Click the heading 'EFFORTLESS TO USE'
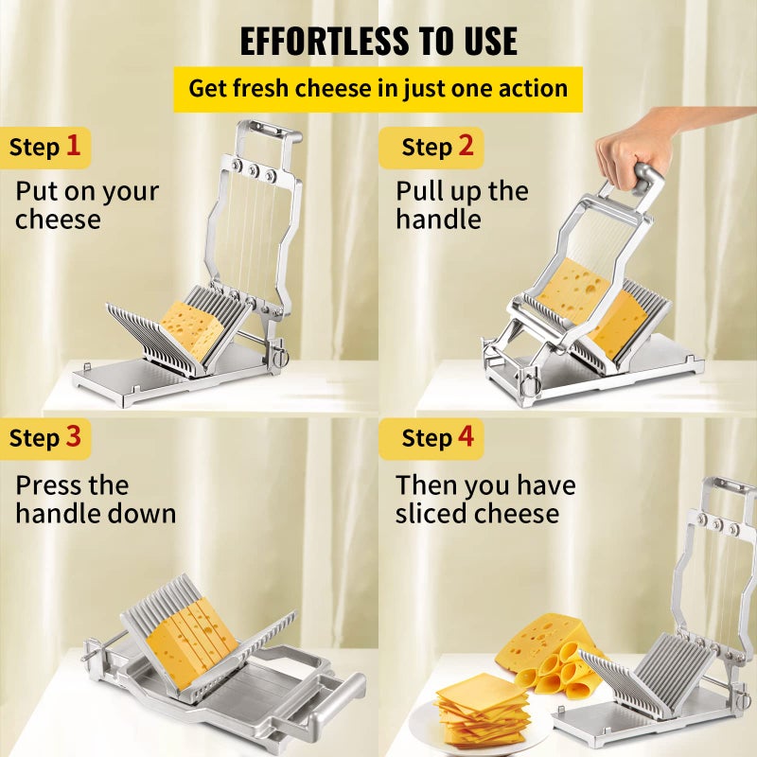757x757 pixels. click(378, 41)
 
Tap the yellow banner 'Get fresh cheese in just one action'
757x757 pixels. click(378, 89)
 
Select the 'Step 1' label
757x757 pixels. click(45, 148)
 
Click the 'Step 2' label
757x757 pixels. click(436, 147)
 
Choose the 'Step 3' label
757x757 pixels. click(45, 438)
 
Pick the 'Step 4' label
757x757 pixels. click(436, 438)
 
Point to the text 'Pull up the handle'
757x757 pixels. click(462, 205)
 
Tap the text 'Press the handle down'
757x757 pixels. click(96, 500)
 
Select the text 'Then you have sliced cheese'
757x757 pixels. click(485, 500)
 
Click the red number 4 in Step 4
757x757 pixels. click(467, 438)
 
